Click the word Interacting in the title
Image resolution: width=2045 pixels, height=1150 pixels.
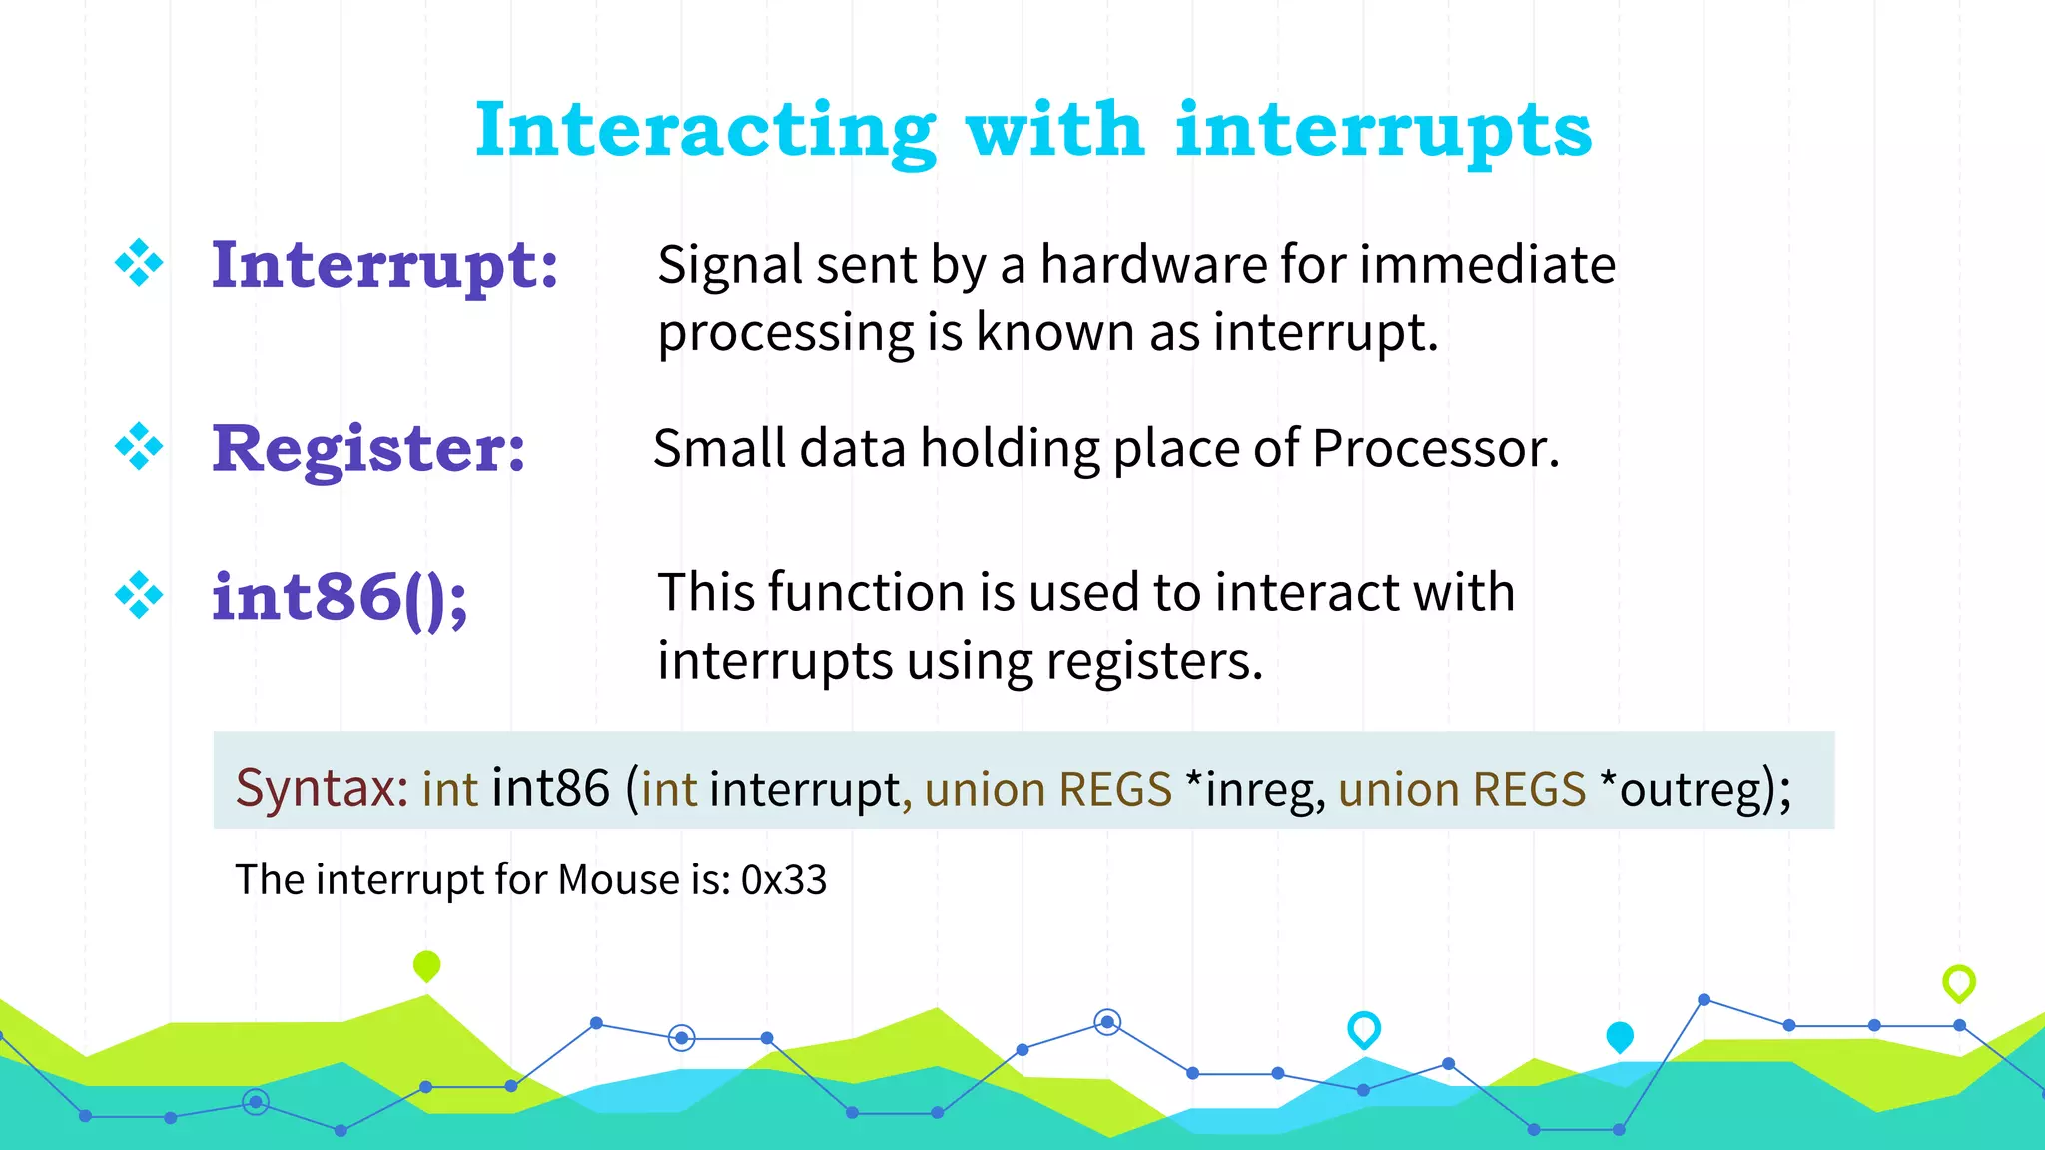click(705, 132)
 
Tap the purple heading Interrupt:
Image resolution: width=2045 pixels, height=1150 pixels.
click(384, 266)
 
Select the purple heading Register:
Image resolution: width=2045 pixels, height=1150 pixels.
click(368, 449)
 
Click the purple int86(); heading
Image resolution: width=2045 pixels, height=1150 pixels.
click(340, 598)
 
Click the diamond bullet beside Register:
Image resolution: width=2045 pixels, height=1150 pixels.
click(139, 446)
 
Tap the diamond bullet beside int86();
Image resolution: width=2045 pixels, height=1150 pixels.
click(139, 596)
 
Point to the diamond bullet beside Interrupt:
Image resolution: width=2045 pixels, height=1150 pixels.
click(139, 263)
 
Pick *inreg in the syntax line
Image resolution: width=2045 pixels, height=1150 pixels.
click(1254, 789)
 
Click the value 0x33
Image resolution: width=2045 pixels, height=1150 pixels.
click(784, 880)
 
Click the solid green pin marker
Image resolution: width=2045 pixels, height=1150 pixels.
click(426, 965)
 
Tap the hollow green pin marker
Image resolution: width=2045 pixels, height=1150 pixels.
click(1958, 982)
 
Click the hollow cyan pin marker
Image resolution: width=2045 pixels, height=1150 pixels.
click(1363, 1028)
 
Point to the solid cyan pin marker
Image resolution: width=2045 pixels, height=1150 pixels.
click(1619, 1036)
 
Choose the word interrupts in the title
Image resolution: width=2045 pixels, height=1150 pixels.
click(1383, 132)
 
